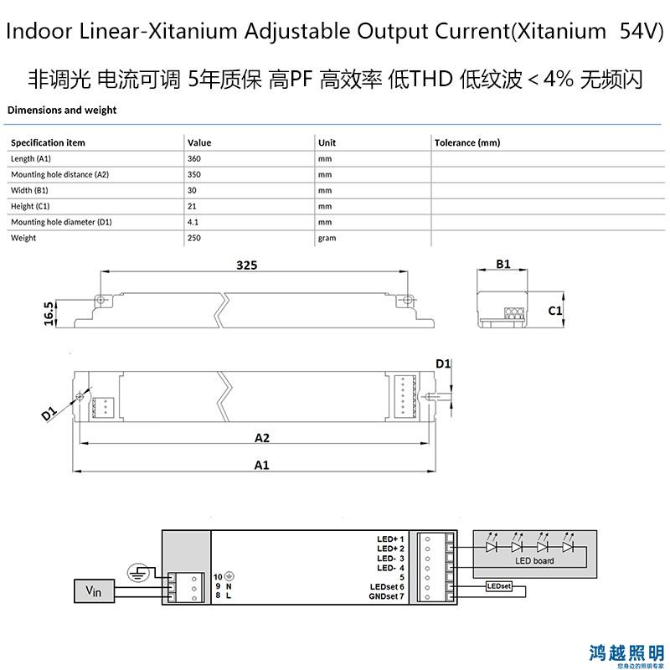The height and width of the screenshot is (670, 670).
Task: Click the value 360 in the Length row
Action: coord(194,158)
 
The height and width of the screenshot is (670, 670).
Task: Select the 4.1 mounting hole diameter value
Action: coord(193,222)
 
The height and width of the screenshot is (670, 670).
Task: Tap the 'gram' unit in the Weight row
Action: coord(327,239)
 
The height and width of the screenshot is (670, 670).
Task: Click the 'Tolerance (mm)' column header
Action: coord(467,142)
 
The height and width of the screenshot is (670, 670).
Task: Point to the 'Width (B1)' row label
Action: coord(29,190)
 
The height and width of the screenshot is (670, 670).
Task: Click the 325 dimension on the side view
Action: coord(247,265)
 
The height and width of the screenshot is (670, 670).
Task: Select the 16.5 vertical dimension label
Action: coord(49,313)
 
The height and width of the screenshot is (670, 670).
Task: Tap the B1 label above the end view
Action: coord(503,264)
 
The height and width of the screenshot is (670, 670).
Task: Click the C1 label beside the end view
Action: coord(555,311)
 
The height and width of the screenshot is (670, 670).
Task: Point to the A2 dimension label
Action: coord(262,438)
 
